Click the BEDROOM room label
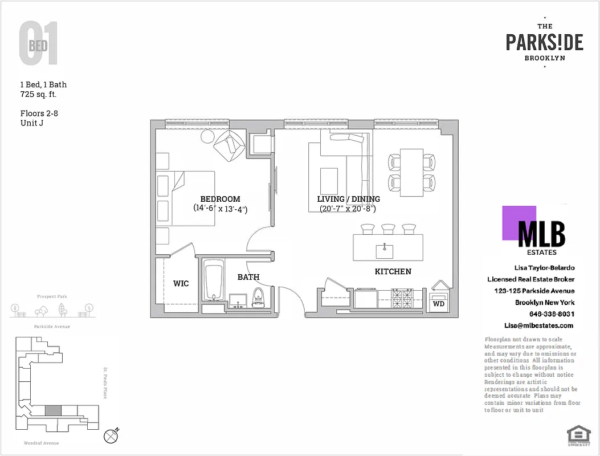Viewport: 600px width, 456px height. [x=220, y=199]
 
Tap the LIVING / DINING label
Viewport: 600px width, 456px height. [x=348, y=199]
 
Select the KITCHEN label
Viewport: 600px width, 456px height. [x=393, y=271]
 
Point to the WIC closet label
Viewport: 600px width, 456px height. [x=181, y=283]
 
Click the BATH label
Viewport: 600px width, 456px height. [x=248, y=277]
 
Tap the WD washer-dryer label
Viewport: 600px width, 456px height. [x=439, y=304]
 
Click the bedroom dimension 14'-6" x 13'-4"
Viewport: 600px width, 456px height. [x=220, y=209]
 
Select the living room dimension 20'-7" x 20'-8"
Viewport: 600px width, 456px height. [x=348, y=209]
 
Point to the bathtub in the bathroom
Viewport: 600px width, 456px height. [x=214, y=282]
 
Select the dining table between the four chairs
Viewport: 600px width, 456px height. [x=411, y=172]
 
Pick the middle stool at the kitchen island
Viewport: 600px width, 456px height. [x=389, y=229]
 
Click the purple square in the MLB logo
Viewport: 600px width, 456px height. [x=519, y=222]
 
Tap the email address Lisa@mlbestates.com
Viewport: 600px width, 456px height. [x=538, y=325]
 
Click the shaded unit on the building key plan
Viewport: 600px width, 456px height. [x=52, y=410]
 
